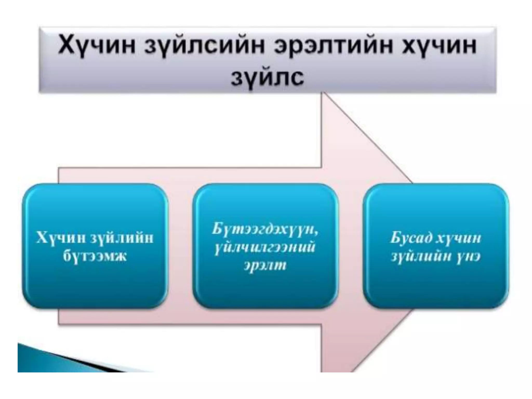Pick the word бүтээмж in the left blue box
point(95,256)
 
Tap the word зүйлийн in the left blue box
point(122,238)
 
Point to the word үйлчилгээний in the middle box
point(265,247)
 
